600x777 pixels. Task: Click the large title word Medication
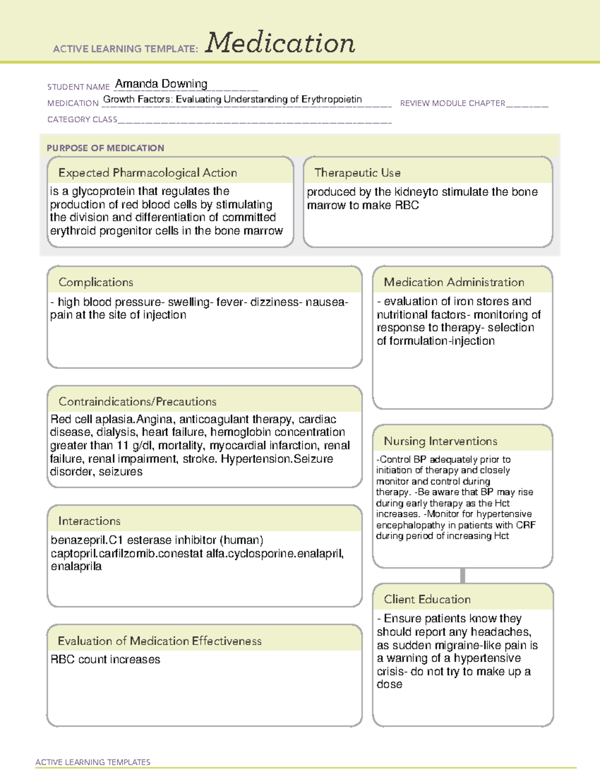click(x=280, y=43)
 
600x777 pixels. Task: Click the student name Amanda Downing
click(x=161, y=84)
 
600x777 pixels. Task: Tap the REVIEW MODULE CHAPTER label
click(x=452, y=103)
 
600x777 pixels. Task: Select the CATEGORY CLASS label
click(x=82, y=120)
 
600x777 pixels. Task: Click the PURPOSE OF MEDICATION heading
click(x=105, y=148)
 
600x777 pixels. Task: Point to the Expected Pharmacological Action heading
click(x=147, y=173)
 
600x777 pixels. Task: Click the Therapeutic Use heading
click(x=357, y=173)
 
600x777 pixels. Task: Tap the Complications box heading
click(x=95, y=282)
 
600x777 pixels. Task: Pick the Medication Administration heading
click(x=454, y=282)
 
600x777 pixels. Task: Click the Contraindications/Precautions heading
click(x=137, y=401)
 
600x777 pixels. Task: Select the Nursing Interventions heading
click(x=440, y=441)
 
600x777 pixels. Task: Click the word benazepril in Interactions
click(x=78, y=540)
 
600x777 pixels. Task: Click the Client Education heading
click(x=427, y=599)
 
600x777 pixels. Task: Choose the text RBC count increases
click(x=105, y=659)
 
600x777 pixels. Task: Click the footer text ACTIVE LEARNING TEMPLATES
click(x=92, y=762)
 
